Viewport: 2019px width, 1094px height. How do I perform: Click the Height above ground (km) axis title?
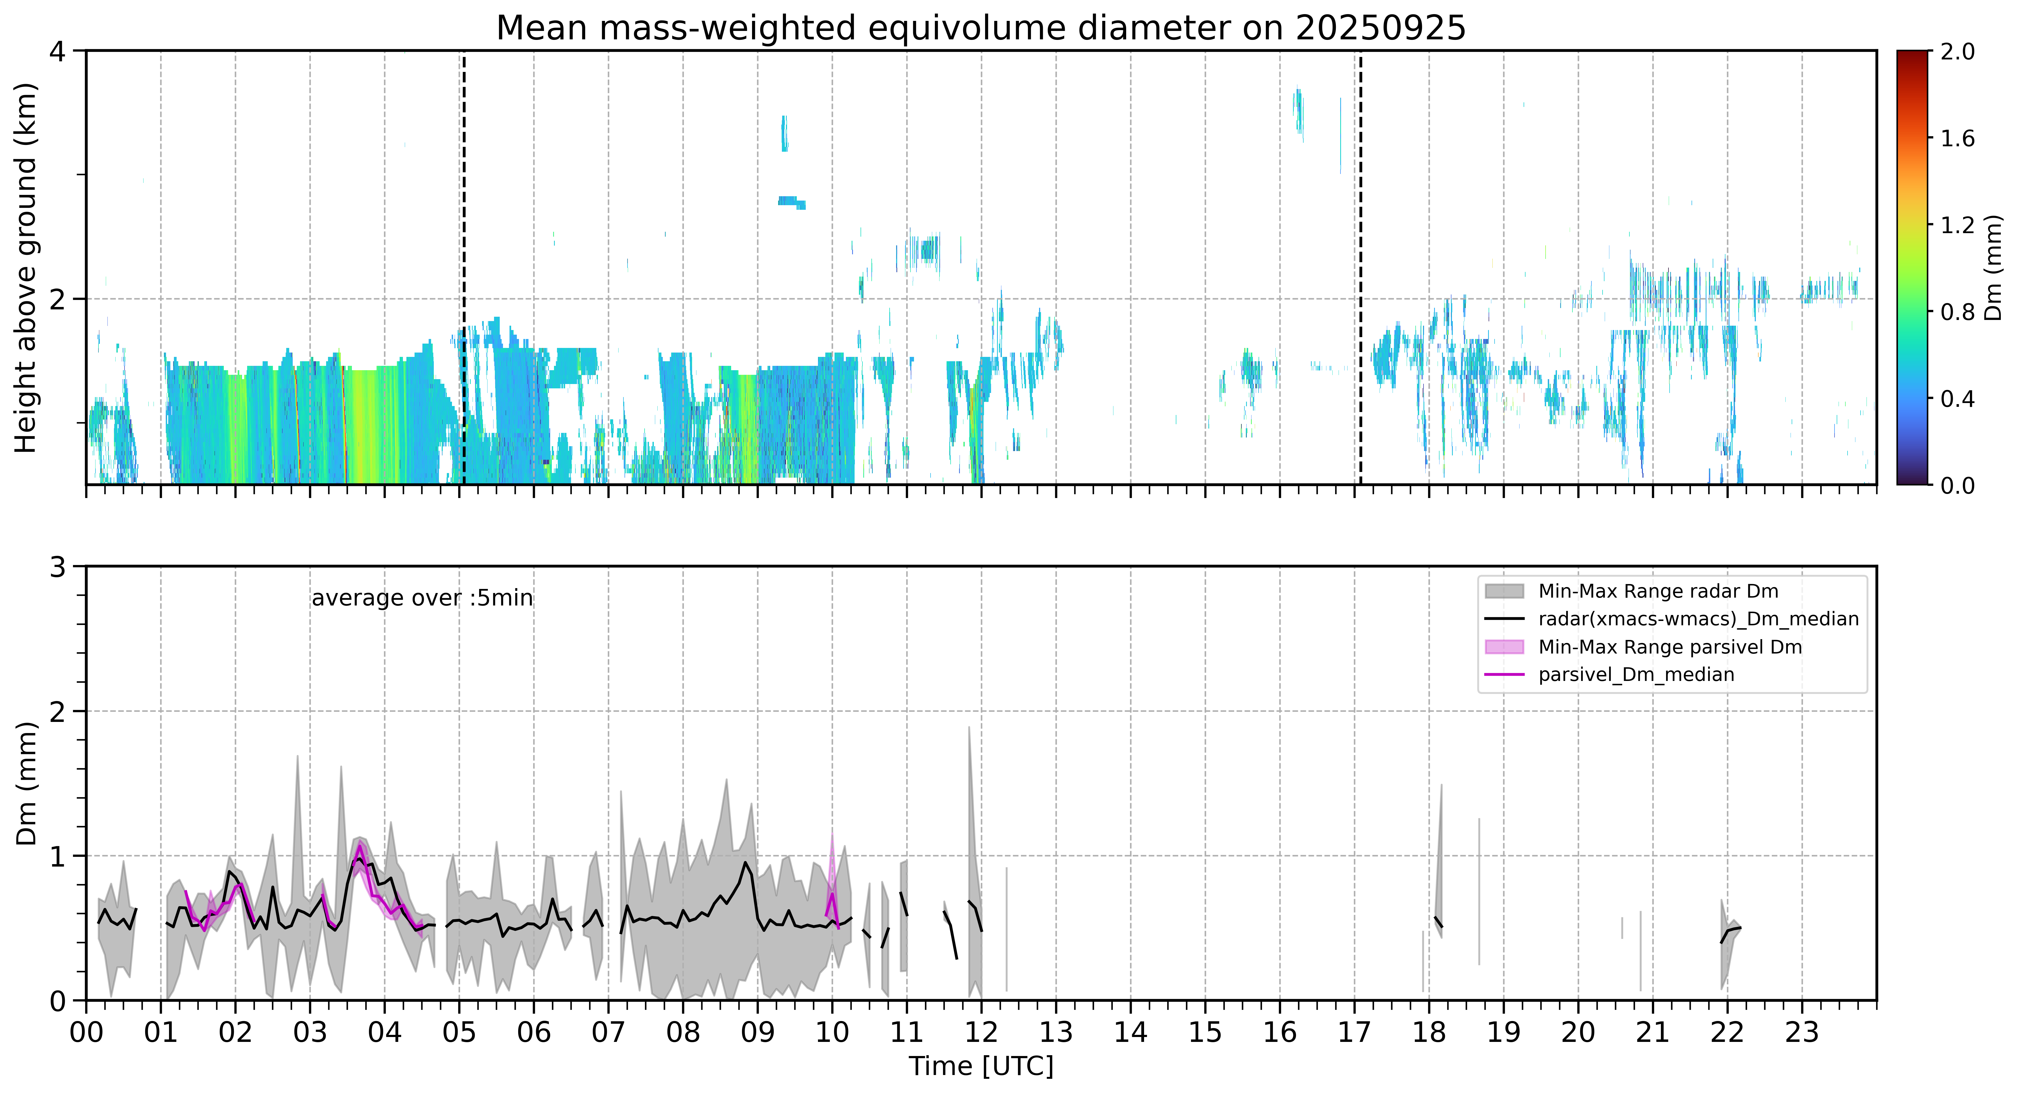26,268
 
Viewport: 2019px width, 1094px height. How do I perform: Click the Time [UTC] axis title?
981,1067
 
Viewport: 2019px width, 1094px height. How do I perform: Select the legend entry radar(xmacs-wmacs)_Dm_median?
1698,619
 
